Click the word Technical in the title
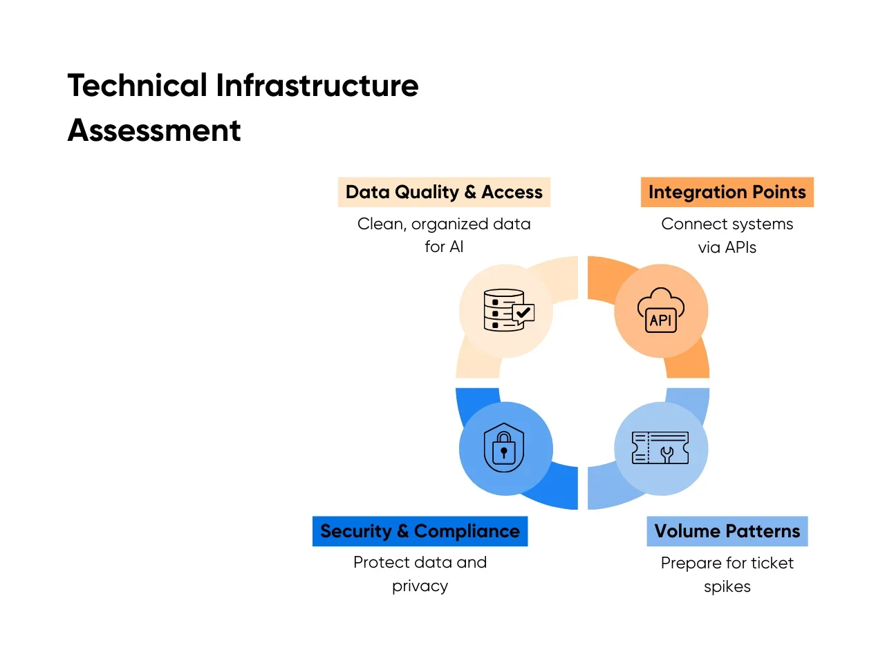tap(137, 86)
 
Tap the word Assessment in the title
tap(154, 131)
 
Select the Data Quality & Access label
tap(444, 192)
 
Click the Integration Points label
tap(727, 192)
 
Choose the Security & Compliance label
tap(420, 531)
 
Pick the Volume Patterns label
tap(727, 531)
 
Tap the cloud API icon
tap(661, 310)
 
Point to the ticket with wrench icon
tap(660, 448)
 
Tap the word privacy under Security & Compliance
tap(420, 586)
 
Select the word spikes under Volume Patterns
tap(727, 586)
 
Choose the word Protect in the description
tap(378, 562)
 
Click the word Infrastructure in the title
tap(317, 86)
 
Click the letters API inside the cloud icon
tap(660, 320)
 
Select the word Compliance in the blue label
tap(467, 531)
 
